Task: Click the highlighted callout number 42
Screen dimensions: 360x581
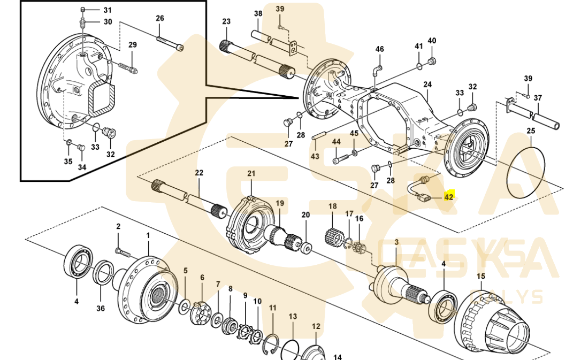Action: coord(448,197)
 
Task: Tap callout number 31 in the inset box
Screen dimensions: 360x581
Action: coord(108,10)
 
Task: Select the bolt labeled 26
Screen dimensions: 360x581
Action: coord(170,42)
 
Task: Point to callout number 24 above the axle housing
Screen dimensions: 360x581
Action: coord(427,85)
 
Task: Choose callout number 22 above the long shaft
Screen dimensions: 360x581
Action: coord(199,173)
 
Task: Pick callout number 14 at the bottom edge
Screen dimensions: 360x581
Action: coord(338,357)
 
